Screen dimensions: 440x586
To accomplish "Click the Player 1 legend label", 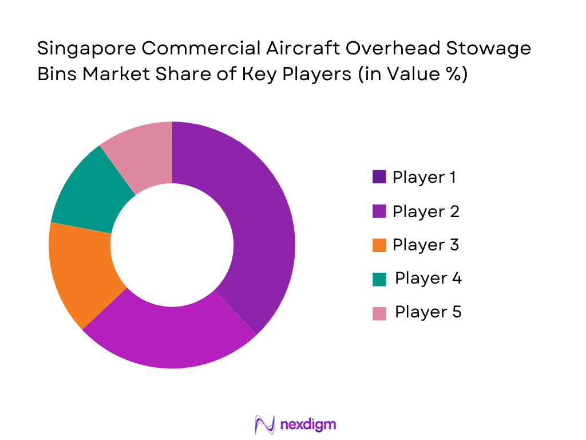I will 424,178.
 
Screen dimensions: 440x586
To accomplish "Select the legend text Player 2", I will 426,211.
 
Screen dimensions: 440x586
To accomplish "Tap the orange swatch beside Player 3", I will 379,246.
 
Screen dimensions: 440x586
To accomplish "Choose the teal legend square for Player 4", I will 379,279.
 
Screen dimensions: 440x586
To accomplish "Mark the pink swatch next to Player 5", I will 379,313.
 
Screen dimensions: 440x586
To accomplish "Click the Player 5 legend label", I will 428,312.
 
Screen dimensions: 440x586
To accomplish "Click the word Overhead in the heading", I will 385,49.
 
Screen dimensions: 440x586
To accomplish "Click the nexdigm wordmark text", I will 308,425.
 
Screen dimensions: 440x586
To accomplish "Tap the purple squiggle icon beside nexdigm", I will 265,425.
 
